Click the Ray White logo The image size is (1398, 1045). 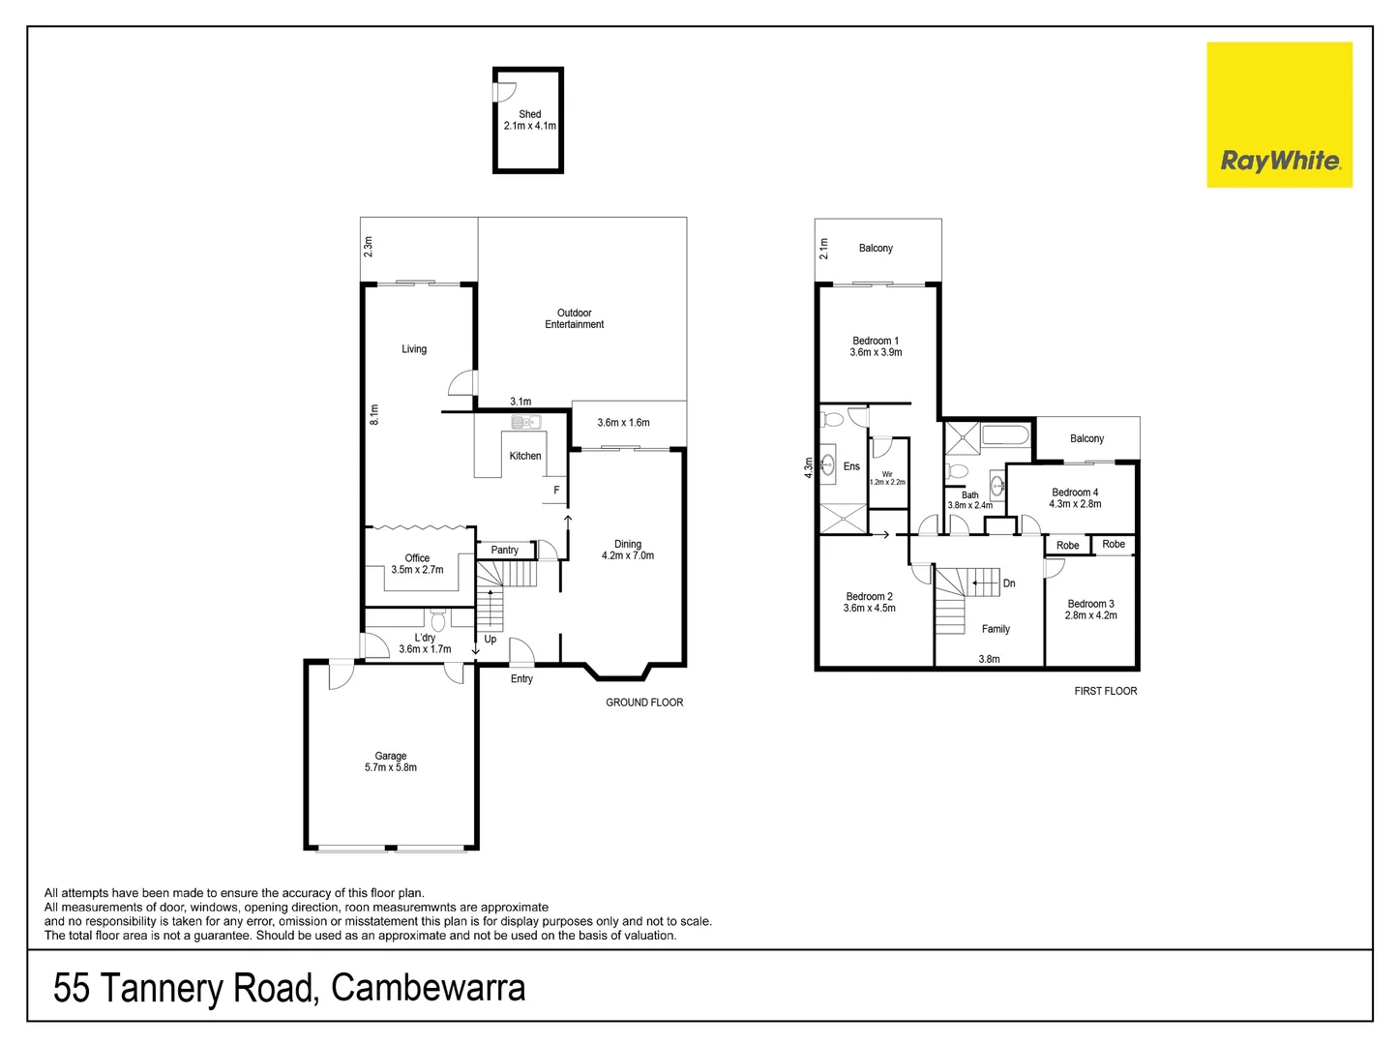pyautogui.click(x=1279, y=115)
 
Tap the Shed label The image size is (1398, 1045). pyautogui.click(x=529, y=114)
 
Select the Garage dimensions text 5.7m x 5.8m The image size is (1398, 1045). pyautogui.click(x=391, y=767)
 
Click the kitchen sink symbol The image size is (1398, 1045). pyautogui.click(x=525, y=422)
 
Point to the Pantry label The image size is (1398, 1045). pyautogui.click(x=504, y=550)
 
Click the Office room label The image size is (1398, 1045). pyautogui.click(x=417, y=558)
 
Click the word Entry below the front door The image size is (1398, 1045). pyautogui.click(x=521, y=678)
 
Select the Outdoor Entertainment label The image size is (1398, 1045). pyautogui.click(x=574, y=318)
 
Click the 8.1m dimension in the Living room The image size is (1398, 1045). pyautogui.click(x=374, y=414)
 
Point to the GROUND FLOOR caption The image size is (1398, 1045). pyautogui.click(x=644, y=702)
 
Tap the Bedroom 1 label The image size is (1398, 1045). pyautogui.click(x=876, y=341)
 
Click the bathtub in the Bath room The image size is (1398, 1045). pyautogui.click(x=1005, y=434)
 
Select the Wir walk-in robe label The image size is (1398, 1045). pyautogui.click(x=887, y=474)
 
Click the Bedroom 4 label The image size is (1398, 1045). pyautogui.click(x=1075, y=493)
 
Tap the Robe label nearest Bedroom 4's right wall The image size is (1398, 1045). pyautogui.click(x=1114, y=544)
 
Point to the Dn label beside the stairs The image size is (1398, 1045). pyautogui.click(x=1009, y=583)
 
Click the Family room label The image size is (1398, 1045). pyautogui.click(x=996, y=629)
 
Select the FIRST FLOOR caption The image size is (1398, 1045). pyautogui.click(x=1106, y=691)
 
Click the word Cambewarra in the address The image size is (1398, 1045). pyautogui.click(x=429, y=988)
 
